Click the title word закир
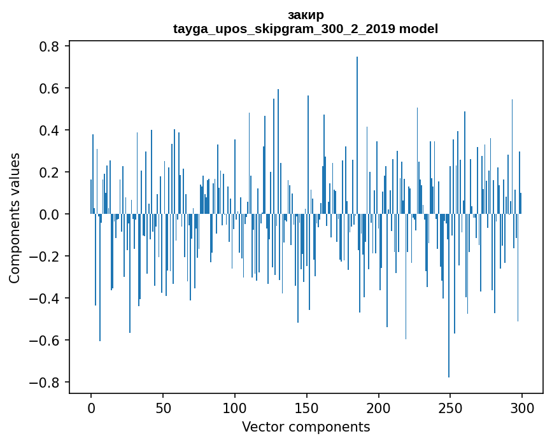306,15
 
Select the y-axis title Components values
15,218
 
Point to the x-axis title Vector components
306,426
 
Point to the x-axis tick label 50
163,407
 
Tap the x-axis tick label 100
235,407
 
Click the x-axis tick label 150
307,407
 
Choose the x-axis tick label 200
379,407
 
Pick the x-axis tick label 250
451,407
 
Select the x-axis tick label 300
523,407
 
